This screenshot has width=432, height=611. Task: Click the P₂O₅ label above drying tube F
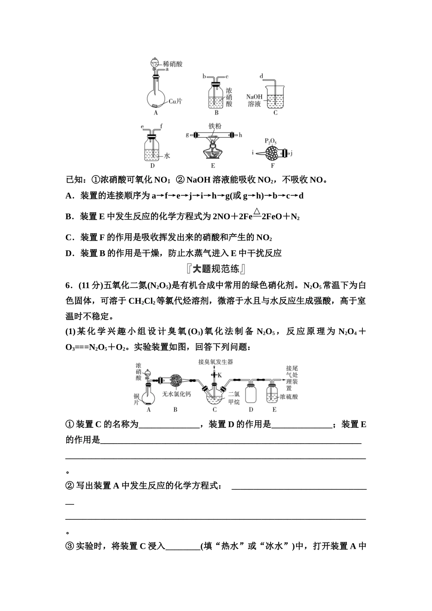coord(271,142)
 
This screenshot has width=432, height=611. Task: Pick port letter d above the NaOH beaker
coord(261,76)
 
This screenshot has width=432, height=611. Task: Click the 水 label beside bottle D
coord(167,155)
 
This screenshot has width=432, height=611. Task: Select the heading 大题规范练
coord(216,269)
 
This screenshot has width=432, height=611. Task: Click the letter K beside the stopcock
coord(220,375)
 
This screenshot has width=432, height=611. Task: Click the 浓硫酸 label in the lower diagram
coord(289,397)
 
